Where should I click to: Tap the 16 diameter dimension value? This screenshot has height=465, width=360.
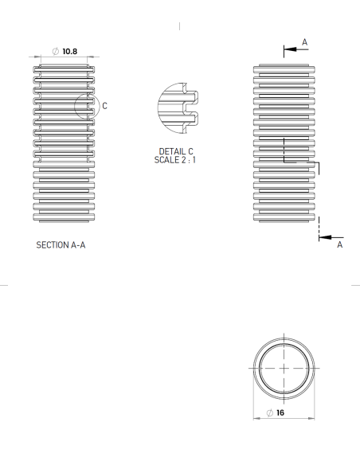[x=281, y=415]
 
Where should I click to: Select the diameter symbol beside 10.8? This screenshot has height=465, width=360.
[x=55, y=51]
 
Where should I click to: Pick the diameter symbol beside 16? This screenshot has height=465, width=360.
[x=270, y=415]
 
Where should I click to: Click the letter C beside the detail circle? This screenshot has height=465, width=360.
[x=104, y=104]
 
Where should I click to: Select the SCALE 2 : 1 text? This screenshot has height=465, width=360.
[x=177, y=159]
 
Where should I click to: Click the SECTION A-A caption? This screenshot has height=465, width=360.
[x=61, y=245]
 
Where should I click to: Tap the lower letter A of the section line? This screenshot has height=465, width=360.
[x=340, y=245]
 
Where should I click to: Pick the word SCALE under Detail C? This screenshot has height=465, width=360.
[x=167, y=159]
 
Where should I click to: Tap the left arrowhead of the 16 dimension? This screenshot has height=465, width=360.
[x=256, y=415]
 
